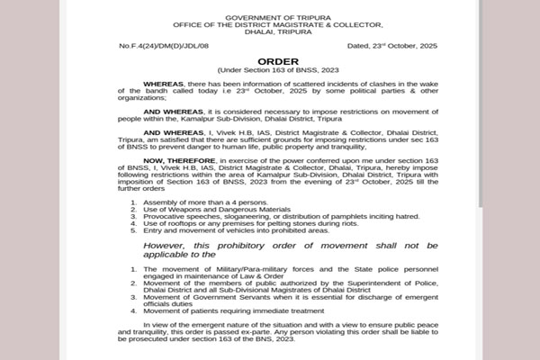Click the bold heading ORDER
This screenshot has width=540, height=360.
(271, 62)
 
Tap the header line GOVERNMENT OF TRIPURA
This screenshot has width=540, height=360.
(271, 17)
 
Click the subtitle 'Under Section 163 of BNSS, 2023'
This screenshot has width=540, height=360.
(271, 70)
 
